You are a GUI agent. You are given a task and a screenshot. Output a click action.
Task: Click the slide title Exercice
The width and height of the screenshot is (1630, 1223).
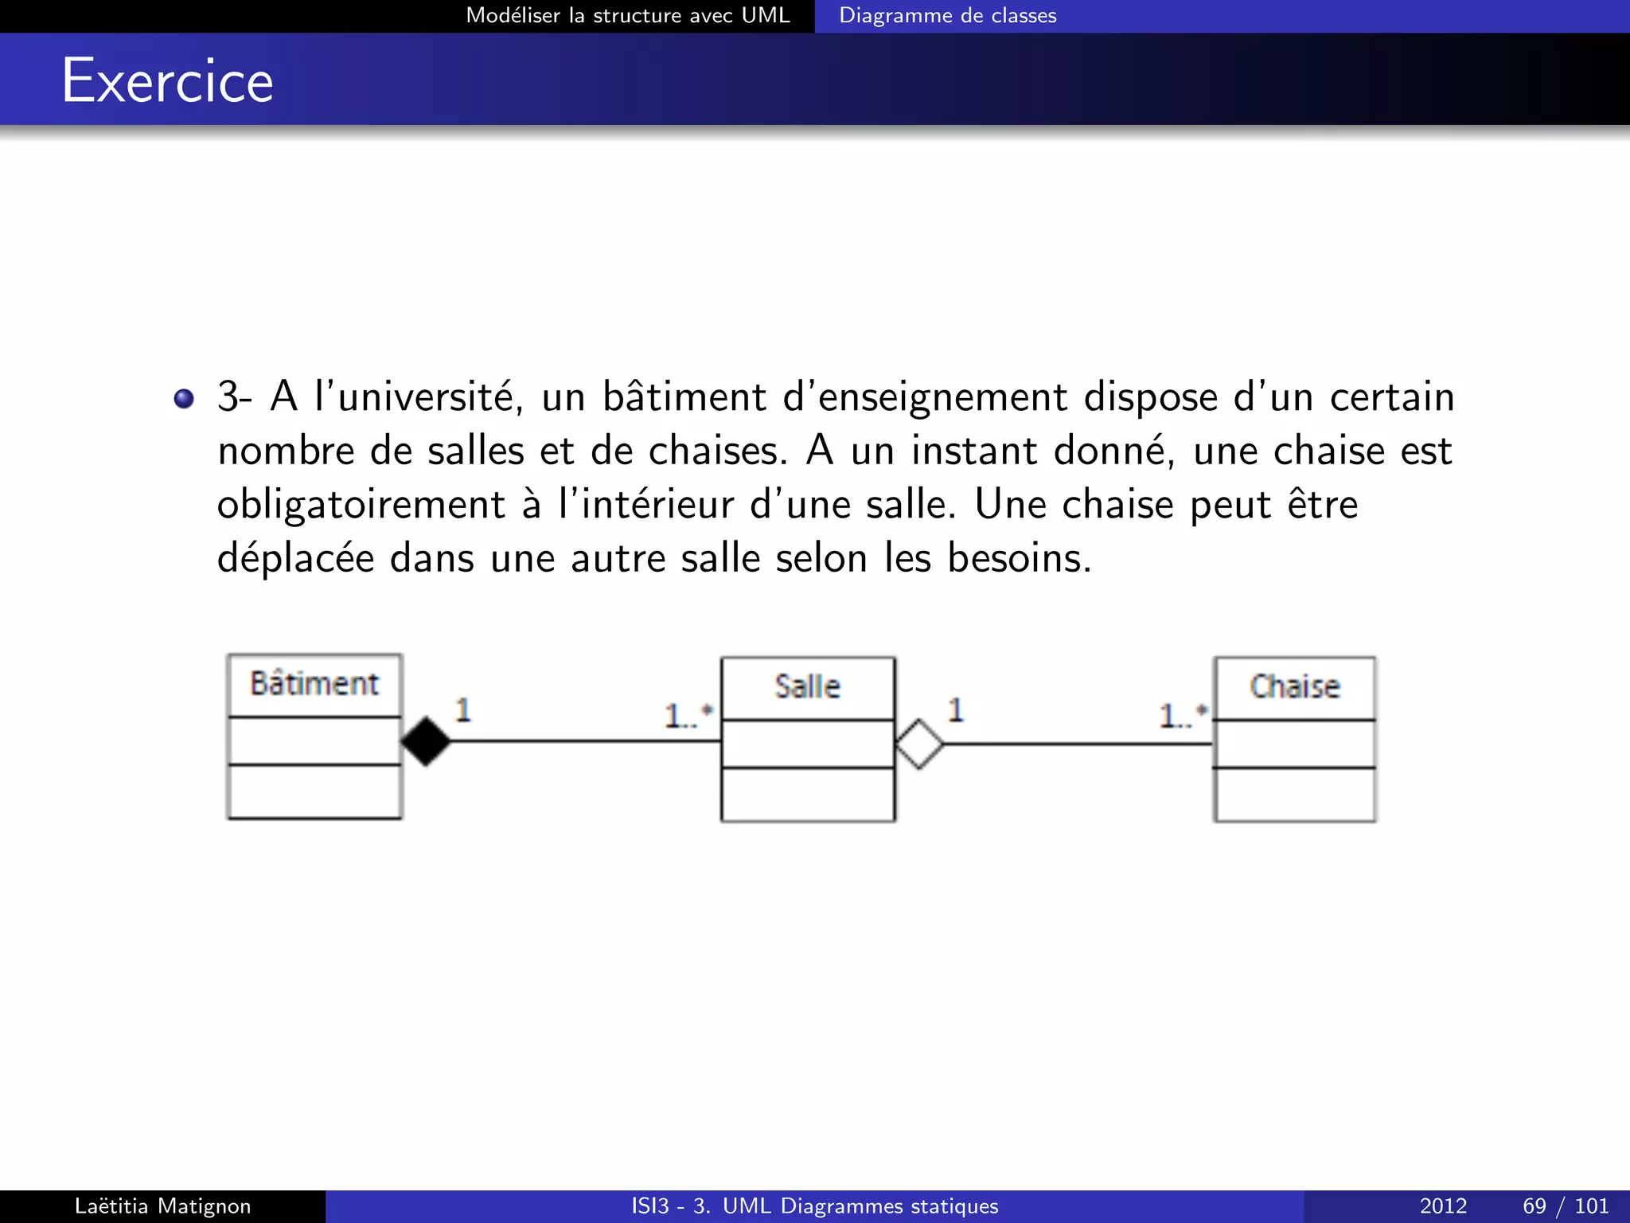tap(167, 81)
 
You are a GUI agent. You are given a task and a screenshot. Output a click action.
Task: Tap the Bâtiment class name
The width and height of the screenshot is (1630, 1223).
tap(314, 684)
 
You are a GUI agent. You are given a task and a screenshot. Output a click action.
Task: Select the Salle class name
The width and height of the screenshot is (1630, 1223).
tap(807, 686)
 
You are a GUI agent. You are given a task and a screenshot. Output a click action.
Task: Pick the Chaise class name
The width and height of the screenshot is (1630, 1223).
tap(1294, 686)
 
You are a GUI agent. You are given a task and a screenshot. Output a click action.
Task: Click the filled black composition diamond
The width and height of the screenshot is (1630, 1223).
tap(426, 741)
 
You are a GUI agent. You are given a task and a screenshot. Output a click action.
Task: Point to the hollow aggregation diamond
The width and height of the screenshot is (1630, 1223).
tap(919, 744)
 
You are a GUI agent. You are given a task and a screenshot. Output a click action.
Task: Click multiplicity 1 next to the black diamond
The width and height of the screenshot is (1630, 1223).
tap(463, 709)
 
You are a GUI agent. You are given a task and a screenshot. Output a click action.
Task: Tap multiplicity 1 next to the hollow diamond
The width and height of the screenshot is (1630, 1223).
tap(956, 709)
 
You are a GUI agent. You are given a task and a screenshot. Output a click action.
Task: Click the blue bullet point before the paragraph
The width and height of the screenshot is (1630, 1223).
tap(184, 398)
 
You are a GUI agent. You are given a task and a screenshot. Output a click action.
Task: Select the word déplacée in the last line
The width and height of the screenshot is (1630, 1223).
tap(295, 558)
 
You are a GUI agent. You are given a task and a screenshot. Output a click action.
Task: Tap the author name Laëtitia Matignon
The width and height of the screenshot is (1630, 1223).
tap(162, 1206)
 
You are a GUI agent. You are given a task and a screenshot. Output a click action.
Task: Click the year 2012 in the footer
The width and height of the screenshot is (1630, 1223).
tap(1443, 1206)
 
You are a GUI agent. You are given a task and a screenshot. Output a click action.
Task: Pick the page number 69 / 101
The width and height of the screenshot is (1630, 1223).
tap(1565, 1206)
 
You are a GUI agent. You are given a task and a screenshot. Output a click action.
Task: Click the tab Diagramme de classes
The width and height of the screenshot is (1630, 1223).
tap(947, 16)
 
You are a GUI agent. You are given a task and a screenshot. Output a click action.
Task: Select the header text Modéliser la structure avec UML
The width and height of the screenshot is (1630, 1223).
tap(627, 16)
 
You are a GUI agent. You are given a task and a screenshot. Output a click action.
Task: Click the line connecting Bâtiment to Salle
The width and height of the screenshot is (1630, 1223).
tap(585, 741)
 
